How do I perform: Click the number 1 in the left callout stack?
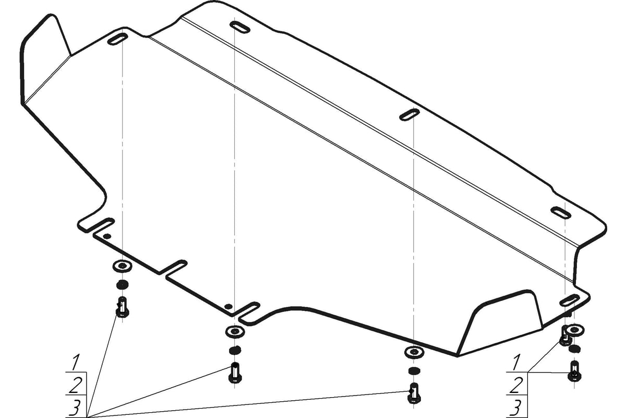click(x=76, y=363)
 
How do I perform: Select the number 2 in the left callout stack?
click(x=76, y=386)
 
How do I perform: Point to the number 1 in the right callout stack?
click(x=516, y=362)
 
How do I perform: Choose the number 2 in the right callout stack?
click(x=516, y=385)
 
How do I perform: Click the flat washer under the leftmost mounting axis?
click(x=123, y=266)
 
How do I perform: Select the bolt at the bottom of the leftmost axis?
click(x=123, y=307)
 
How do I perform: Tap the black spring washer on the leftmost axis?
click(x=123, y=285)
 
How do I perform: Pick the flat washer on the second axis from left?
click(x=235, y=331)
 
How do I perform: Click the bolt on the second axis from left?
click(x=235, y=373)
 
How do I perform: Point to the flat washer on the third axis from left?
click(x=414, y=352)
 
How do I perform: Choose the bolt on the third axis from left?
click(x=414, y=393)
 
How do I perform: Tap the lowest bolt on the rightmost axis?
click(x=574, y=370)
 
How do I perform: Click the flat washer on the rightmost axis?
click(x=574, y=330)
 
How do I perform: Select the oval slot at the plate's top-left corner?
click(x=117, y=39)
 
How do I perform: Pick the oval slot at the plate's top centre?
click(x=240, y=27)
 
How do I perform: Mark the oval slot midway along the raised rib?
click(x=410, y=115)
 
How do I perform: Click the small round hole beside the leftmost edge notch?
click(x=107, y=236)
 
